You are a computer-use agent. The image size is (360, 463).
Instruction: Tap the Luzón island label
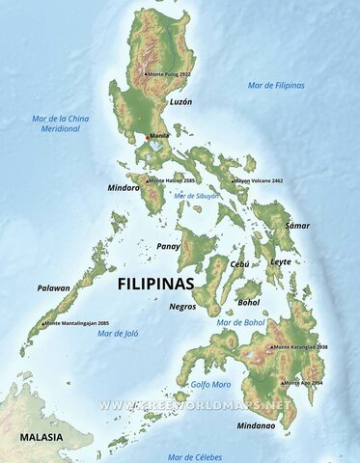tap(181, 101)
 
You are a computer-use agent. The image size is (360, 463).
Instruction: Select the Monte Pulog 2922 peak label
tap(169, 73)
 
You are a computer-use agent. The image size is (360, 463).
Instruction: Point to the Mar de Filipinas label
tap(276, 85)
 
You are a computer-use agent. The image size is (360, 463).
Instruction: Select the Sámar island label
tap(298, 225)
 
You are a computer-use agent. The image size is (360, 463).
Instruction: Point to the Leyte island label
tap(281, 261)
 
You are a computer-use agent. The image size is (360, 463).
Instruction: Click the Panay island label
tap(168, 246)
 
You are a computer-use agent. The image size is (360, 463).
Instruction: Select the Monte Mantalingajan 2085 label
tap(76, 323)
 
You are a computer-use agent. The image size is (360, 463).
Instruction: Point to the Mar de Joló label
tap(119, 333)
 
